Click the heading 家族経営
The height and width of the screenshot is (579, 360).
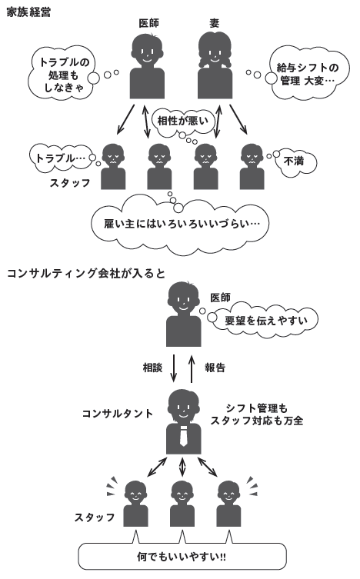[28, 12]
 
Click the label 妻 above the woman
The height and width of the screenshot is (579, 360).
[214, 23]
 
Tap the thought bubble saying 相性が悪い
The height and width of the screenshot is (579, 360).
[183, 121]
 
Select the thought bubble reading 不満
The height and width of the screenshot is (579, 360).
[295, 161]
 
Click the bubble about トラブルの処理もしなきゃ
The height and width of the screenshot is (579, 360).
[63, 74]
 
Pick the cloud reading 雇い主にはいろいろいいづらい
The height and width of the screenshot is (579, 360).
[181, 224]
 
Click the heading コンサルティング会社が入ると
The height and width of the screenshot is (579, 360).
[85, 273]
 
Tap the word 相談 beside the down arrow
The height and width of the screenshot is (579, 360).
[152, 368]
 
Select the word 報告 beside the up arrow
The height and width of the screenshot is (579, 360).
[215, 368]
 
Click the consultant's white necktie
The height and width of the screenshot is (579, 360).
[184, 435]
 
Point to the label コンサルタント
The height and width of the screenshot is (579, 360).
[118, 413]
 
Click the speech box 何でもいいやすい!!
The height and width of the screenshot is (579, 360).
[182, 557]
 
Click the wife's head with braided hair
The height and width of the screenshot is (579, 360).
[215, 51]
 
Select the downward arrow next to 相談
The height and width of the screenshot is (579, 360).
[174, 368]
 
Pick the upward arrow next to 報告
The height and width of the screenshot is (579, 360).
[192, 369]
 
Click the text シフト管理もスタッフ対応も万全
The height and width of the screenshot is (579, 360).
[257, 414]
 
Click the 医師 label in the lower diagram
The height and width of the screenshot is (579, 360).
[221, 298]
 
